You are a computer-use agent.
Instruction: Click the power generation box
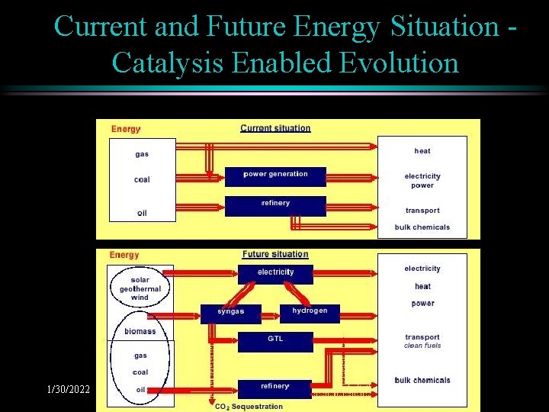(x=275, y=175)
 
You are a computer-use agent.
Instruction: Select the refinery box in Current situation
(x=275, y=204)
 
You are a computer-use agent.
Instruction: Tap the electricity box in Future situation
(x=275, y=273)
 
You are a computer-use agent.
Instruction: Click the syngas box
(x=230, y=313)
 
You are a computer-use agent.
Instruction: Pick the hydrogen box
(x=310, y=312)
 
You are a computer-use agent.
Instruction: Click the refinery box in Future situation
(x=275, y=388)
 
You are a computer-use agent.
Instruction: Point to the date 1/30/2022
(x=68, y=390)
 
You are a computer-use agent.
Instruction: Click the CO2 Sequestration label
(x=249, y=407)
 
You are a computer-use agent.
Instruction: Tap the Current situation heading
(x=275, y=128)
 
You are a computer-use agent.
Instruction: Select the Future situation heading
(x=275, y=254)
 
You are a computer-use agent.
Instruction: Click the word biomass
(x=140, y=331)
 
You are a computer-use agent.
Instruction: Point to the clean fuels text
(x=422, y=346)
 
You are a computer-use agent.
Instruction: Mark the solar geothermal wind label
(x=140, y=289)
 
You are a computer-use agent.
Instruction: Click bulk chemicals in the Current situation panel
(x=422, y=227)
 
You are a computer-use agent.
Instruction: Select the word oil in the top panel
(x=142, y=214)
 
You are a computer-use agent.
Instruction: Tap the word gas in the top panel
(x=142, y=154)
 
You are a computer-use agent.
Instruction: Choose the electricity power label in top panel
(x=422, y=181)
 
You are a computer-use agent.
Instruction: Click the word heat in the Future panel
(x=422, y=286)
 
